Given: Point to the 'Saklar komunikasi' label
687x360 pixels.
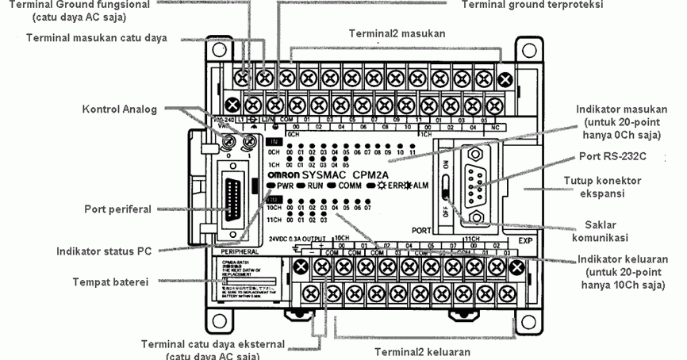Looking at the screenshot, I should pos(603,231).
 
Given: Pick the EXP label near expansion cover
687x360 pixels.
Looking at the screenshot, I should pos(524,239).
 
